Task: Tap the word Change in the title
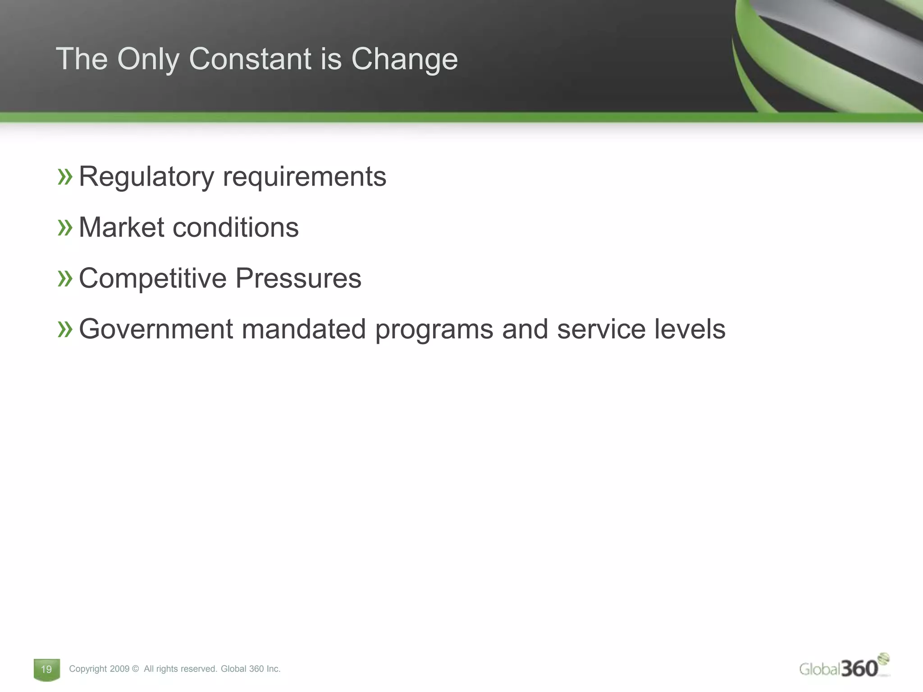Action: (x=404, y=59)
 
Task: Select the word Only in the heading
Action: (x=148, y=59)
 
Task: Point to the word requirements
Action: (x=305, y=177)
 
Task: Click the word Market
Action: (x=121, y=227)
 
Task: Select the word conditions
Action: (x=236, y=227)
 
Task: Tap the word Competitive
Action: (x=152, y=278)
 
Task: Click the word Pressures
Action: (x=298, y=278)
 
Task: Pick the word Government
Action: (x=155, y=329)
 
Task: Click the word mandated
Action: (x=303, y=329)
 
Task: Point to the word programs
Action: (x=434, y=330)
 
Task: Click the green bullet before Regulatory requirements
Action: (x=65, y=177)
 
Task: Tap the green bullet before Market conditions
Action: (x=65, y=228)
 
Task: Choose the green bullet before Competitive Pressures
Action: (x=65, y=278)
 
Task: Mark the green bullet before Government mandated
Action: (x=65, y=329)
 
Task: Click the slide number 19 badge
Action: (x=46, y=669)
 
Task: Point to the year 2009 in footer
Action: (x=119, y=669)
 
